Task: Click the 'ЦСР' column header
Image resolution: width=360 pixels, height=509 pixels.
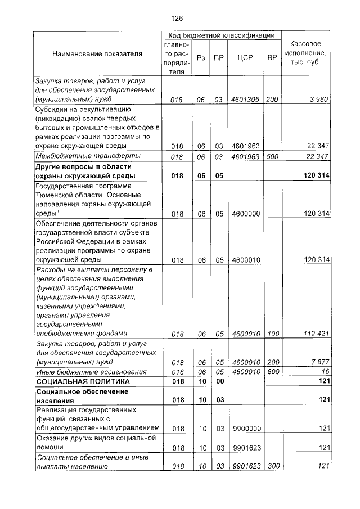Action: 245,57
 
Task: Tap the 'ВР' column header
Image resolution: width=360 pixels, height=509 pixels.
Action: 272,57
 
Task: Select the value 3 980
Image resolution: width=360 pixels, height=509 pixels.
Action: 318,100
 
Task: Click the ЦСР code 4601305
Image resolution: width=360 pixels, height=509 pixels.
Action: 245,100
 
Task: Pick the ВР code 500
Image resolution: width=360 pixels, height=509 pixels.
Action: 273,156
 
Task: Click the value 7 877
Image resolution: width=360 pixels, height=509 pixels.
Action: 318,362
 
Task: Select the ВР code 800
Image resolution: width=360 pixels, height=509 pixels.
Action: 273,372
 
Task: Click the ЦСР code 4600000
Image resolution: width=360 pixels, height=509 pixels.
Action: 245,213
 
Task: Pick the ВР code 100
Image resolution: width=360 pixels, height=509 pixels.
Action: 273,334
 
